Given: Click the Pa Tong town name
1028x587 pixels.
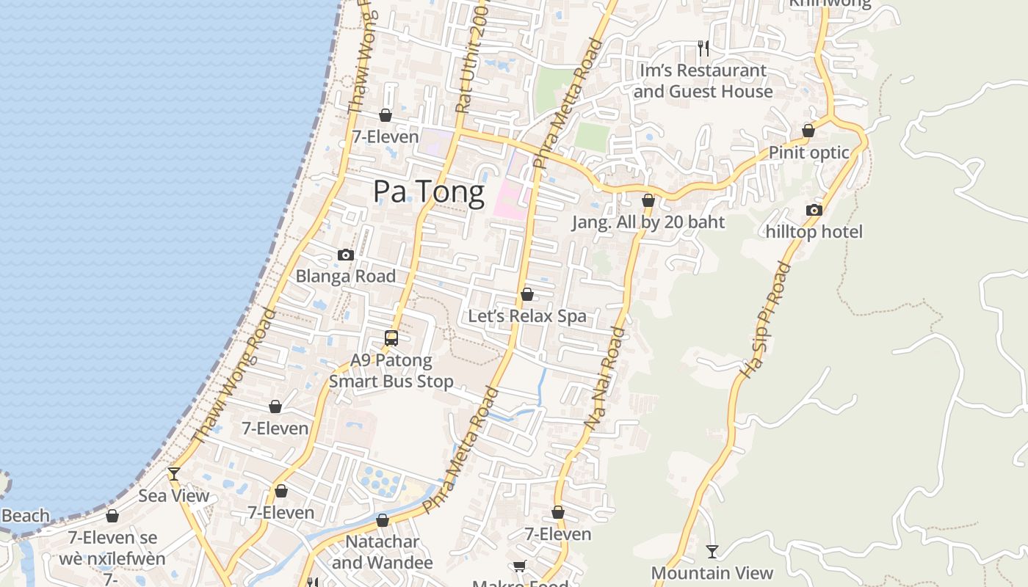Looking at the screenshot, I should tap(429, 192).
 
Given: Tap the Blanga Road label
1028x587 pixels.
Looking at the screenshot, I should tap(345, 277).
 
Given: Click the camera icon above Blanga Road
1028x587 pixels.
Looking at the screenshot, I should tap(346, 255).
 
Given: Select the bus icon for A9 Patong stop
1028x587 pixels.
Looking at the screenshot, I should tap(391, 338).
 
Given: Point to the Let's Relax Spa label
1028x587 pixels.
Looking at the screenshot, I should tap(527, 316).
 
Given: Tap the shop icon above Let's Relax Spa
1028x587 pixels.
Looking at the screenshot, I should tap(527, 295).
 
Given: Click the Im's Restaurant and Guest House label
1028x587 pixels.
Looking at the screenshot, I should tap(703, 81).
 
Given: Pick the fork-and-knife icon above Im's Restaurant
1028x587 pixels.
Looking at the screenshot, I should tap(703, 48).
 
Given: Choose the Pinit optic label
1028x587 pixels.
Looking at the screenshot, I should tap(808, 153).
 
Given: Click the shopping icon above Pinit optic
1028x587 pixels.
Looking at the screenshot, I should tap(808, 131).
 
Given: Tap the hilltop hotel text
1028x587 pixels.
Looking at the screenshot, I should tap(814, 232).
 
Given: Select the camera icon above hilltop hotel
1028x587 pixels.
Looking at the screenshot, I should tap(814, 211).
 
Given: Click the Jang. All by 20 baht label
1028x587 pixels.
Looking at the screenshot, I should tap(648, 222).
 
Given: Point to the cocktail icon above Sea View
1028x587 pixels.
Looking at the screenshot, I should tap(174, 474).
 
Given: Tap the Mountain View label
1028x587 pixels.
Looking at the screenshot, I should tap(712, 573).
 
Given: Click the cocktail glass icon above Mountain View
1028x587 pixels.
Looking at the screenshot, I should tap(712, 551).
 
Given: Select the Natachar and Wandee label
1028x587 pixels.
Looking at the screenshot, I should tap(383, 553).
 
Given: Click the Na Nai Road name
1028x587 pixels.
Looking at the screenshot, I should tap(605, 378).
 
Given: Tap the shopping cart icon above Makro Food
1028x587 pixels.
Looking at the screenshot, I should tap(520, 566).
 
